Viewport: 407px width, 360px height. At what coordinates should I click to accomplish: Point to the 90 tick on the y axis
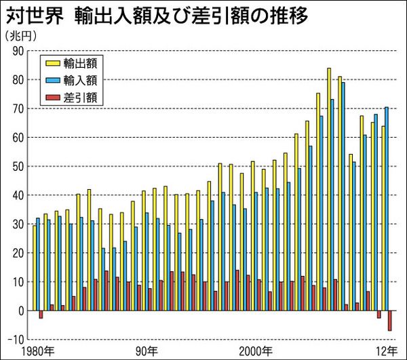coord(17,51)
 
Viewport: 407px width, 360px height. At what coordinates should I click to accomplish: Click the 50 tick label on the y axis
coord(17,166)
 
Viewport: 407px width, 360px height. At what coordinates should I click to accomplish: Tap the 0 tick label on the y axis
coord(20,311)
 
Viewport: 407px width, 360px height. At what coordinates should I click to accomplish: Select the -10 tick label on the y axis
coord(16,339)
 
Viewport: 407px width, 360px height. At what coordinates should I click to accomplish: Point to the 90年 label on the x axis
coord(147,351)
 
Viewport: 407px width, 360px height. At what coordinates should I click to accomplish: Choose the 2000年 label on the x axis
coord(258,351)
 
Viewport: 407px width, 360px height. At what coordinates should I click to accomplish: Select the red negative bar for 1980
coord(41,315)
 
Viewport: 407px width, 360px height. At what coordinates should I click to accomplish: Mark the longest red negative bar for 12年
coord(390,321)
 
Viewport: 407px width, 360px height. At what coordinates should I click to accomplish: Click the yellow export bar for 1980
coord(34,267)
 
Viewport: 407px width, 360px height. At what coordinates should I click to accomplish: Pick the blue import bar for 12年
coord(387,208)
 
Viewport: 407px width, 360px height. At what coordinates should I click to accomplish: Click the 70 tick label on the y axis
coord(17,108)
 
